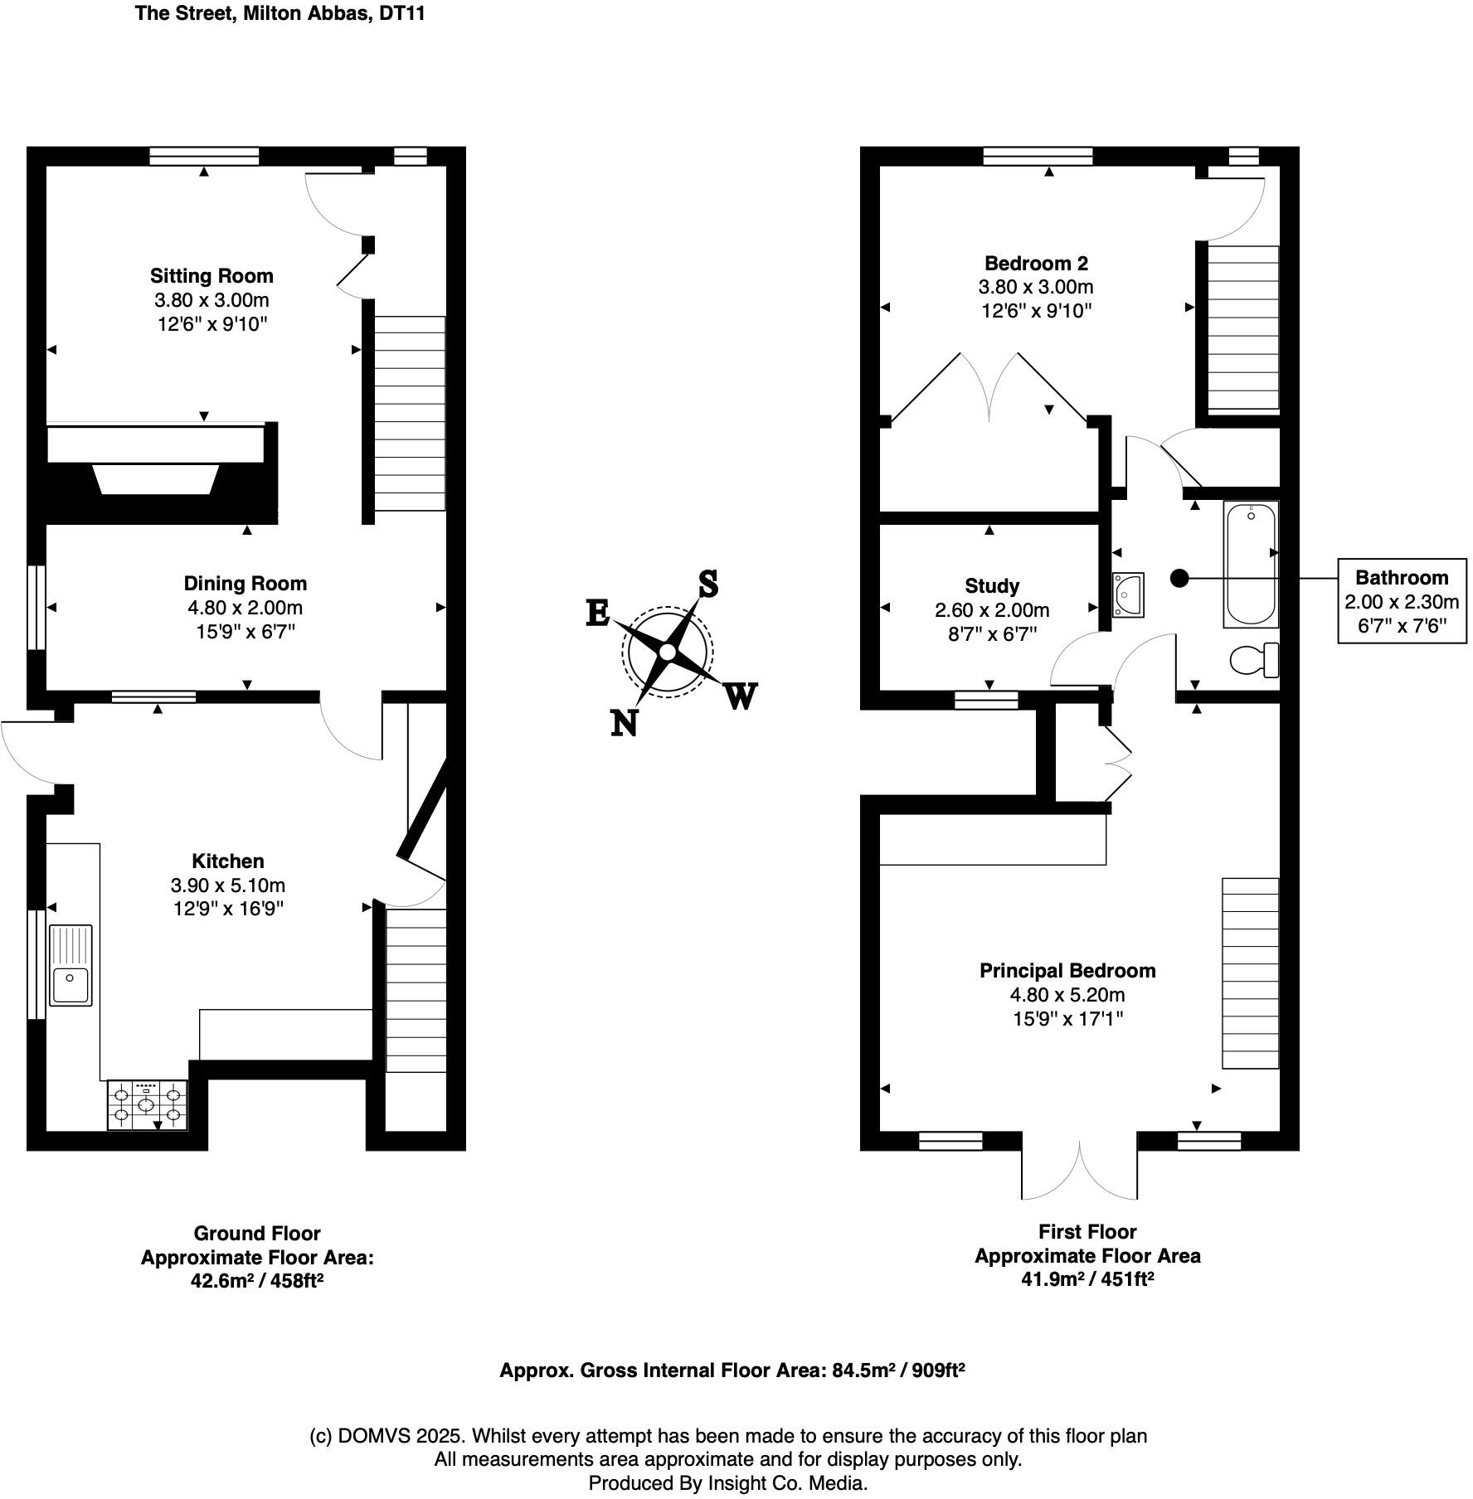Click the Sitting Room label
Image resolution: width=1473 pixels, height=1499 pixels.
tap(211, 276)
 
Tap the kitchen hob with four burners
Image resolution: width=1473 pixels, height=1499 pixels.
tap(148, 1105)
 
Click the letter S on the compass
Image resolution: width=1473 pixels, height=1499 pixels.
tap(707, 584)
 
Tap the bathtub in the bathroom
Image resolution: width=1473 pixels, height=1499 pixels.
tap(1250, 564)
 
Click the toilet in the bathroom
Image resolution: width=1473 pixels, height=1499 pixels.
tap(1253, 660)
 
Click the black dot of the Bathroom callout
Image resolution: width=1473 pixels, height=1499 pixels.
tap(1179, 578)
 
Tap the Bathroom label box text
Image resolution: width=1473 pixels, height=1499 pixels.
tap(1401, 578)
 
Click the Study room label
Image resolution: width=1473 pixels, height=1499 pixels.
tap(992, 586)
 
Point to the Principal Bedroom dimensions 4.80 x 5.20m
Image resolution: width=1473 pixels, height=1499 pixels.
tap(1067, 994)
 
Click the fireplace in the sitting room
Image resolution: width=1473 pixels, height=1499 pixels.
tap(158, 479)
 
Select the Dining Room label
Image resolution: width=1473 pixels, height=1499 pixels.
tap(245, 584)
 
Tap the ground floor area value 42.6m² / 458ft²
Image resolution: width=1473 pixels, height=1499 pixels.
tap(257, 1280)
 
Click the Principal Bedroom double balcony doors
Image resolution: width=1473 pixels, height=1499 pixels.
tap(1079, 1171)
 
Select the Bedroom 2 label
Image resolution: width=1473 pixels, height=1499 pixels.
tap(1036, 264)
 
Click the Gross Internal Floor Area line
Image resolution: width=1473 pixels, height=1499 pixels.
tap(732, 1370)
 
